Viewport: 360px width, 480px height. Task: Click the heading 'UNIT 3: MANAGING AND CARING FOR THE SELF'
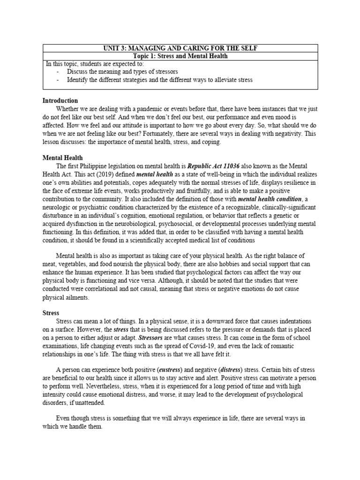180,49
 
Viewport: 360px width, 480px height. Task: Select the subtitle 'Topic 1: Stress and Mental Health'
180,56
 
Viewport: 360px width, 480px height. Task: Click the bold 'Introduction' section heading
60,101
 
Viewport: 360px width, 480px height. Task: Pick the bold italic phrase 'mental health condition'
270,199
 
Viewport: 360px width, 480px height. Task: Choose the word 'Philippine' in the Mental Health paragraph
96,166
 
